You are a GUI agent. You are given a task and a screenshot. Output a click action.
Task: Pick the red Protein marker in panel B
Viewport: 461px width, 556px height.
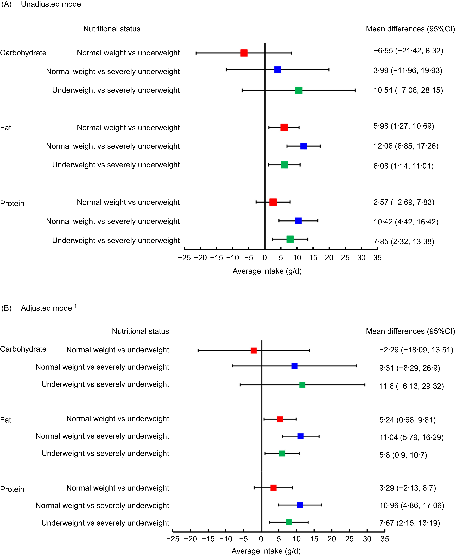tap(273, 488)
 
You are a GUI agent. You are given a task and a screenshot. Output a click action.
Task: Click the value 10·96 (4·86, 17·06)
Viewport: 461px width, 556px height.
tap(411, 505)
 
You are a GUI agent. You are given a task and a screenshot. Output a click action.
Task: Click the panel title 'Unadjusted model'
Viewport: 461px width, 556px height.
tap(52, 4)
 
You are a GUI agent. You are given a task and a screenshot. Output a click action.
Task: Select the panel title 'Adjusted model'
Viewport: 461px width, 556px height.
tap(47, 308)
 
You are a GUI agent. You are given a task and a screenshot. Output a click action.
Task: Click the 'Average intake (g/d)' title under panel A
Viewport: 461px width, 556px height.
tap(267, 271)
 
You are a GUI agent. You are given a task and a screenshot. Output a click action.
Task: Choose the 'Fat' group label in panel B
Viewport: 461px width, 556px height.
tap(6, 420)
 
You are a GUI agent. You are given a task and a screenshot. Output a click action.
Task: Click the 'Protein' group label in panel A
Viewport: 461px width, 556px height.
tap(12, 203)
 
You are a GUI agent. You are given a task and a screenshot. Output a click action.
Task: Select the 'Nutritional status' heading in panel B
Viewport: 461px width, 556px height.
tap(140, 331)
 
